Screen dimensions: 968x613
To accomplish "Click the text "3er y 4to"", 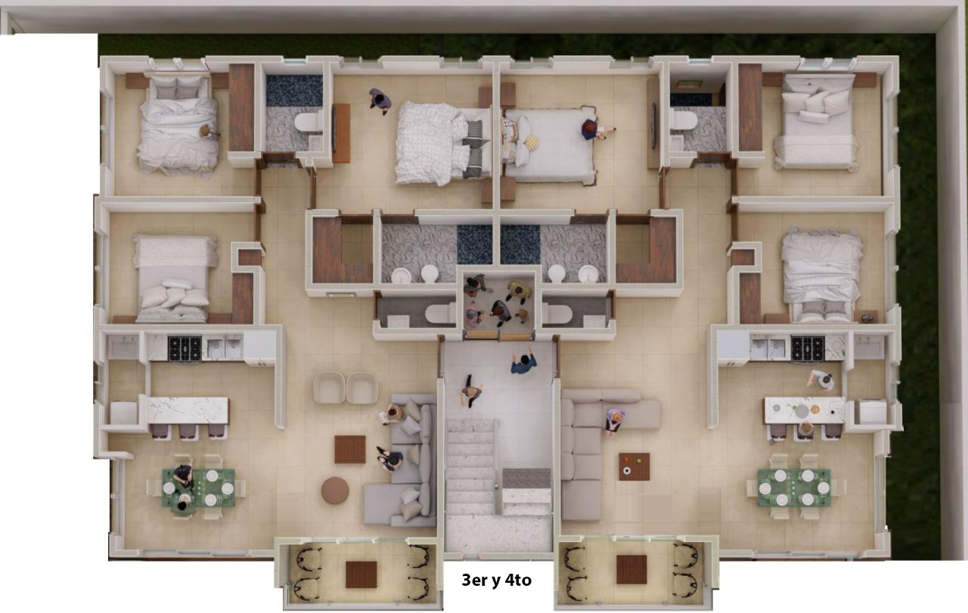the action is pyautogui.click(x=497, y=580).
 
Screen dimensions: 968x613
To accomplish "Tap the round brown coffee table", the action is pyautogui.click(x=335, y=491).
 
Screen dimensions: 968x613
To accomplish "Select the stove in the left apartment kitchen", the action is pyautogui.click(x=185, y=348).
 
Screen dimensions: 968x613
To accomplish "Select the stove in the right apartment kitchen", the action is pyautogui.click(x=807, y=348).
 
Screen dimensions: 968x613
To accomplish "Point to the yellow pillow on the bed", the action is pyautogui.click(x=532, y=142).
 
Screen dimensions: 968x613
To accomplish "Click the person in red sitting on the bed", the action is pyautogui.click(x=594, y=129).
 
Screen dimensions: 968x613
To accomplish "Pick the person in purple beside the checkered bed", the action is pyautogui.click(x=380, y=101).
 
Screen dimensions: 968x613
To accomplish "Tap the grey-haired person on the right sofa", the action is pyautogui.click(x=615, y=421).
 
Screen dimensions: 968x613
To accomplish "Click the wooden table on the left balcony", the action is pyautogui.click(x=361, y=574).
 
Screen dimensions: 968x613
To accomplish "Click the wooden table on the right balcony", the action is pyautogui.click(x=631, y=569).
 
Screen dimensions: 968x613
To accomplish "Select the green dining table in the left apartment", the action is pyautogui.click(x=198, y=488).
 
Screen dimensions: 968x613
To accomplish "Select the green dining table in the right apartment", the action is pyautogui.click(x=794, y=488).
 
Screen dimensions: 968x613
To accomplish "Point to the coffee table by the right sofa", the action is pyautogui.click(x=634, y=466).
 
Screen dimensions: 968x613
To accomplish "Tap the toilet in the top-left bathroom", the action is pyautogui.click(x=308, y=122).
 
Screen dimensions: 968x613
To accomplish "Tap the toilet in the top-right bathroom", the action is pyautogui.click(x=684, y=120).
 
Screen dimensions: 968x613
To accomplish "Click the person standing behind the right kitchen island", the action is pyautogui.click(x=821, y=380).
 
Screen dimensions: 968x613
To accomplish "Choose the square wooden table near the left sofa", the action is pyautogui.click(x=350, y=449).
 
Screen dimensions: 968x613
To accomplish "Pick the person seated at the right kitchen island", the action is pyautogui.click(x=805, y=430).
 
